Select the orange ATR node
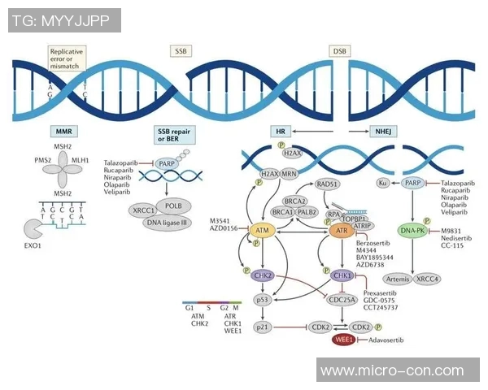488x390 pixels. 342,232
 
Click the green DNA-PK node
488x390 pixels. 413,231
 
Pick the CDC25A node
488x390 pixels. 342,298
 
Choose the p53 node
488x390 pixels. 263,299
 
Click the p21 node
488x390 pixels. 263,326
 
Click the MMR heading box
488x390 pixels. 63,131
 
